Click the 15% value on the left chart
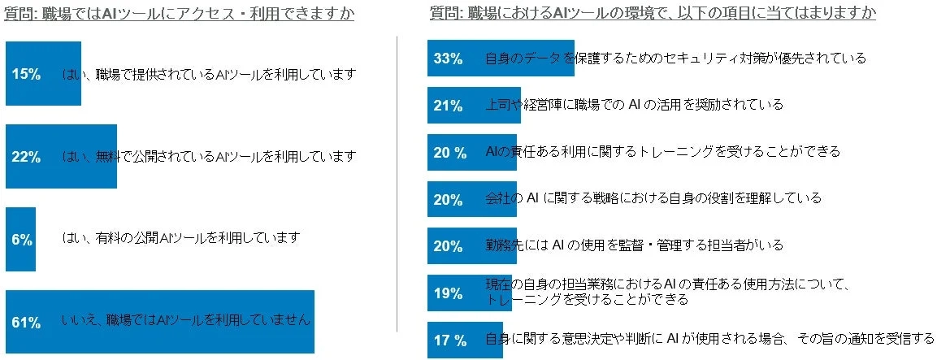[x=26, y=75]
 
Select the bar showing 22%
[x=61, y=157]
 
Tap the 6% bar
[x=20, y=240]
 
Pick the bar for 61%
[x=159, y=322]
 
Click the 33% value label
[x=448, y=59]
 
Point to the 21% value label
[x=448, y=106]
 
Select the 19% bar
[x=469, y=293]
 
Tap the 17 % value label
[x=449, y=340]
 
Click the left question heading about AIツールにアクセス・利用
[x=180, y=14]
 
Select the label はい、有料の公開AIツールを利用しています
[x=181, y=238]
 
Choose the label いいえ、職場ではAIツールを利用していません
[x=186, y=320]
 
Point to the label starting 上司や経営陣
[x=634, y=105]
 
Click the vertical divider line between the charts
[x=397, y=183]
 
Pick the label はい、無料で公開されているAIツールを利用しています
[x=210, y=156]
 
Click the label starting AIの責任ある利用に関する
[x=662, y=151]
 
